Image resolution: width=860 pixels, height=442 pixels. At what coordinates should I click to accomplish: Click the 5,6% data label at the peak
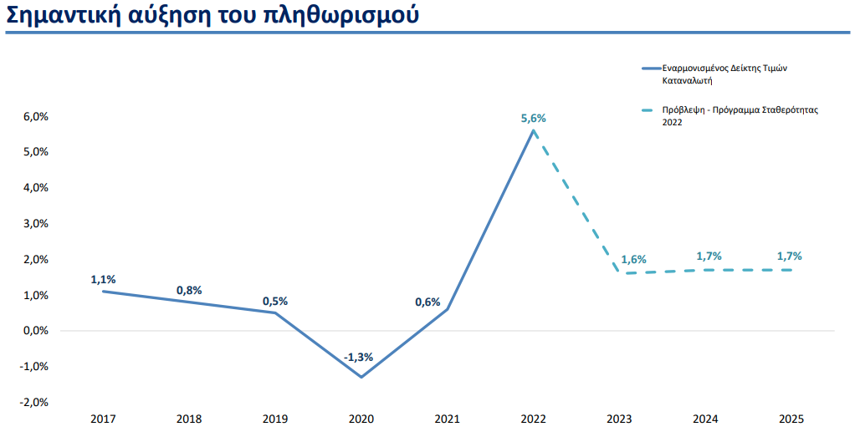(x=533, y=119)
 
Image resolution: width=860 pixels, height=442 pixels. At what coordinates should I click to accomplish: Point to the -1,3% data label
(x=358, y=358)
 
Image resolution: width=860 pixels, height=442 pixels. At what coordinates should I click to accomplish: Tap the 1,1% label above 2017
(x=103, y=279)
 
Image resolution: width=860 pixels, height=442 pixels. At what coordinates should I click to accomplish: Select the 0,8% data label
(x=189, y=291)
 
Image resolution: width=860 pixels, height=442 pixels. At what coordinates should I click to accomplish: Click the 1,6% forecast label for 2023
(x=633, y=260)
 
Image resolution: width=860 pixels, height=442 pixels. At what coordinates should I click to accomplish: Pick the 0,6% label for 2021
(x=427, y=302)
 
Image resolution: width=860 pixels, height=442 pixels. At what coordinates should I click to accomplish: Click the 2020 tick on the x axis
(x=361, y=418)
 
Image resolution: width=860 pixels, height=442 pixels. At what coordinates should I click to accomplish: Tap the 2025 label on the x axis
(x=791, y=418)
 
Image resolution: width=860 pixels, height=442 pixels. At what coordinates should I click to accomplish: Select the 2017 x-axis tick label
(x=103, y=418)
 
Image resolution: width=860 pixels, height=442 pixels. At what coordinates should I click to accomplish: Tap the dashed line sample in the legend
(x=650, y=110)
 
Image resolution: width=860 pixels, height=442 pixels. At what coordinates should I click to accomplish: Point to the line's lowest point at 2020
(x=361, y=377)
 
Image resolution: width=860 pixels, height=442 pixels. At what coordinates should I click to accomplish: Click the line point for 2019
(x=275, y=312)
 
